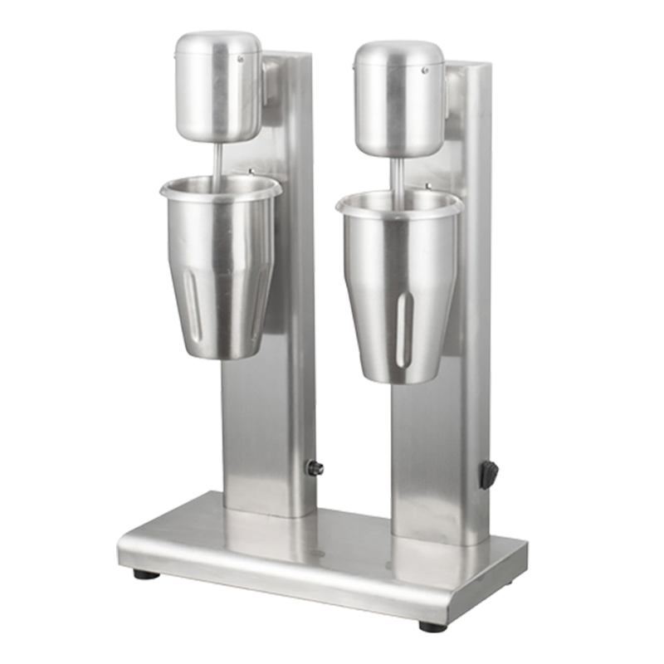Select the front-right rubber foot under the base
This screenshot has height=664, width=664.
click(432, 626)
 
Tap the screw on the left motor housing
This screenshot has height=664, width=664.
click(242, 60)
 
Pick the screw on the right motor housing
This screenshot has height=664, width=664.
click(424, 71)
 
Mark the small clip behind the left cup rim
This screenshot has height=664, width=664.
click(251, 173)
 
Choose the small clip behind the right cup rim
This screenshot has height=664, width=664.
click(428, 188)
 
